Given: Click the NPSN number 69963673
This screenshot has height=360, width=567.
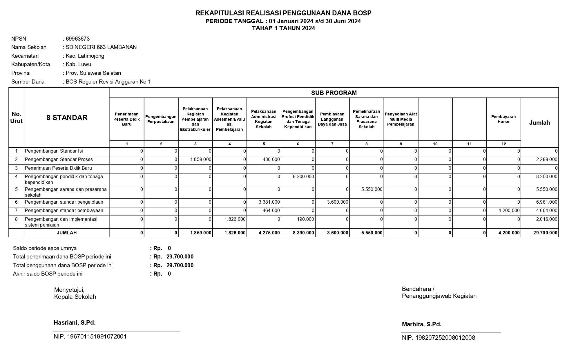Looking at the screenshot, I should (x=78, y=39).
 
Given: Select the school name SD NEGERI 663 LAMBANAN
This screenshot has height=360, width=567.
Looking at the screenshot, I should (x=101, y=47).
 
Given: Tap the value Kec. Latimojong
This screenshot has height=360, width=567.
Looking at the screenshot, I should (x=85, y=56).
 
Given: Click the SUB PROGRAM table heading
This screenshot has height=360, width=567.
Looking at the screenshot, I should (x=334, y=93).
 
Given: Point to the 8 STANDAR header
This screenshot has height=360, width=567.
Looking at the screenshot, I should (x=67, y=117).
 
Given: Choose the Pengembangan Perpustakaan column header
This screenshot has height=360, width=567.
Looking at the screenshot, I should (x=161, y=119).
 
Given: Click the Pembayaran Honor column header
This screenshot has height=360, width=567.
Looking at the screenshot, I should (x=503, y=119).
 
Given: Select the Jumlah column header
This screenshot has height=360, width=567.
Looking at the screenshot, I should (x=539, y=123).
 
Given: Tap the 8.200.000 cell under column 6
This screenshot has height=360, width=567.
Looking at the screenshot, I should (x=303, y=177).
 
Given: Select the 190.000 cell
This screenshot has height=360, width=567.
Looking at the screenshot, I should (x=305, y=219).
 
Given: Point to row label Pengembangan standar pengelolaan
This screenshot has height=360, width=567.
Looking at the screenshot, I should (x=64, y=202).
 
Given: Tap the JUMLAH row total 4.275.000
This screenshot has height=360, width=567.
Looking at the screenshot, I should (x=269, y=233).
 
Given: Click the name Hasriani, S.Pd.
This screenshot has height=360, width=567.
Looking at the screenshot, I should (x=75, y=323).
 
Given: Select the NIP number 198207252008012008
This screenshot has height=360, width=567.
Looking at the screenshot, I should (x=438, y=338).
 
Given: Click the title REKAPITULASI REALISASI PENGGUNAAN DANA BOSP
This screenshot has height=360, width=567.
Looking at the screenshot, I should (x=283, y=13).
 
